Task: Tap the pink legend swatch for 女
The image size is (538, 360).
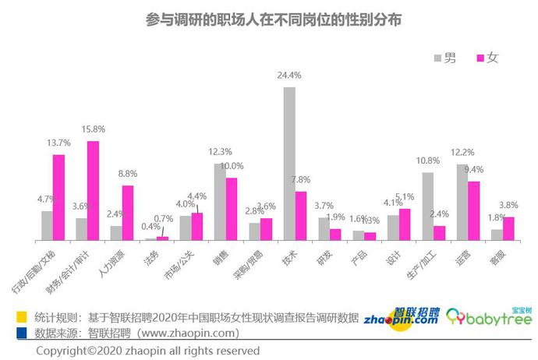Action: pyautogui.click(x=479, y=58)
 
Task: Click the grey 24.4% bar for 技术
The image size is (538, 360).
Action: pyautogui.click(x=289, y=163)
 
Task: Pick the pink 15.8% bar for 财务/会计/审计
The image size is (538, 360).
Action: pyautogui.click(x=93, y=190)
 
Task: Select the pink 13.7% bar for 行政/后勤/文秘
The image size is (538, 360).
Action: pyautogui.click(x=58, y=196)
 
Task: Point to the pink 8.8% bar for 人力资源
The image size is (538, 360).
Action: pyautogui.click(x=127, y=212)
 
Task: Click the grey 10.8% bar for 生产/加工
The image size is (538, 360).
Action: pyautogui.click(x=427, y=206)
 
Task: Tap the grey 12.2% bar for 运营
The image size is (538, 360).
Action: pyautogui.click(x=462, y=201)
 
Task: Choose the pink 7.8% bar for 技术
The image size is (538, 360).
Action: pyautogui.click(x=301, y=215)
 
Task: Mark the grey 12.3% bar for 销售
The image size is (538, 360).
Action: pyautogui.click(x=221, y=201)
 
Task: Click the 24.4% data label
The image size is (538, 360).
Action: pyautogui.click(x=289, y=76)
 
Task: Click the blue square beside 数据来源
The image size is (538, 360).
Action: pyautogui.click(x=21, y=333)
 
